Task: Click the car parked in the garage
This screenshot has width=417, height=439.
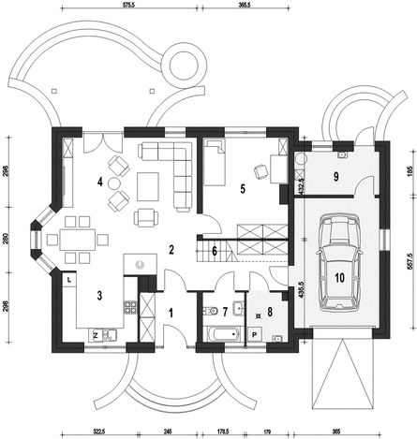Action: tap(339, 262)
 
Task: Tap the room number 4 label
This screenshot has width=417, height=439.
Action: tap(99, 182)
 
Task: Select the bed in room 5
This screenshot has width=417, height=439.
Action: tap(215, 162)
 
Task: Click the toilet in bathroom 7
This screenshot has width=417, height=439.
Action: tap(211, 311)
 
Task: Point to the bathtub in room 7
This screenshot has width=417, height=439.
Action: tap(223, 334)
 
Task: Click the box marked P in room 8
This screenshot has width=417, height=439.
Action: tap(255, 335)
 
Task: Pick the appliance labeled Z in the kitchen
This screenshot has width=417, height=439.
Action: tap(96, 336)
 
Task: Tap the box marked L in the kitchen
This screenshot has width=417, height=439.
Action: tap(69, 279)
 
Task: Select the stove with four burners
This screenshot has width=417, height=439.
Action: tap(130, 307)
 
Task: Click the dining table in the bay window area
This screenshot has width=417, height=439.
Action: tap(78, 240)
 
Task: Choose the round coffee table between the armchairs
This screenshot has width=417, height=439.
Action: tap(113, 183)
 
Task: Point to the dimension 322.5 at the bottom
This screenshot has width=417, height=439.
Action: tap(100, 432)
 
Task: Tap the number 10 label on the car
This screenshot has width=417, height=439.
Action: tap(339, 277)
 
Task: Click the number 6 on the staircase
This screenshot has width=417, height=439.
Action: tap(215, 251)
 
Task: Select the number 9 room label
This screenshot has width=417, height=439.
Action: tap(336, 177)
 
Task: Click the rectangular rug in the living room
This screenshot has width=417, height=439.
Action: tap(148, 187)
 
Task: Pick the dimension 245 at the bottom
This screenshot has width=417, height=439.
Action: tap(167, 432)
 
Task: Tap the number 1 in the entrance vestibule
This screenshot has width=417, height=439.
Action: tap(171, 313)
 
